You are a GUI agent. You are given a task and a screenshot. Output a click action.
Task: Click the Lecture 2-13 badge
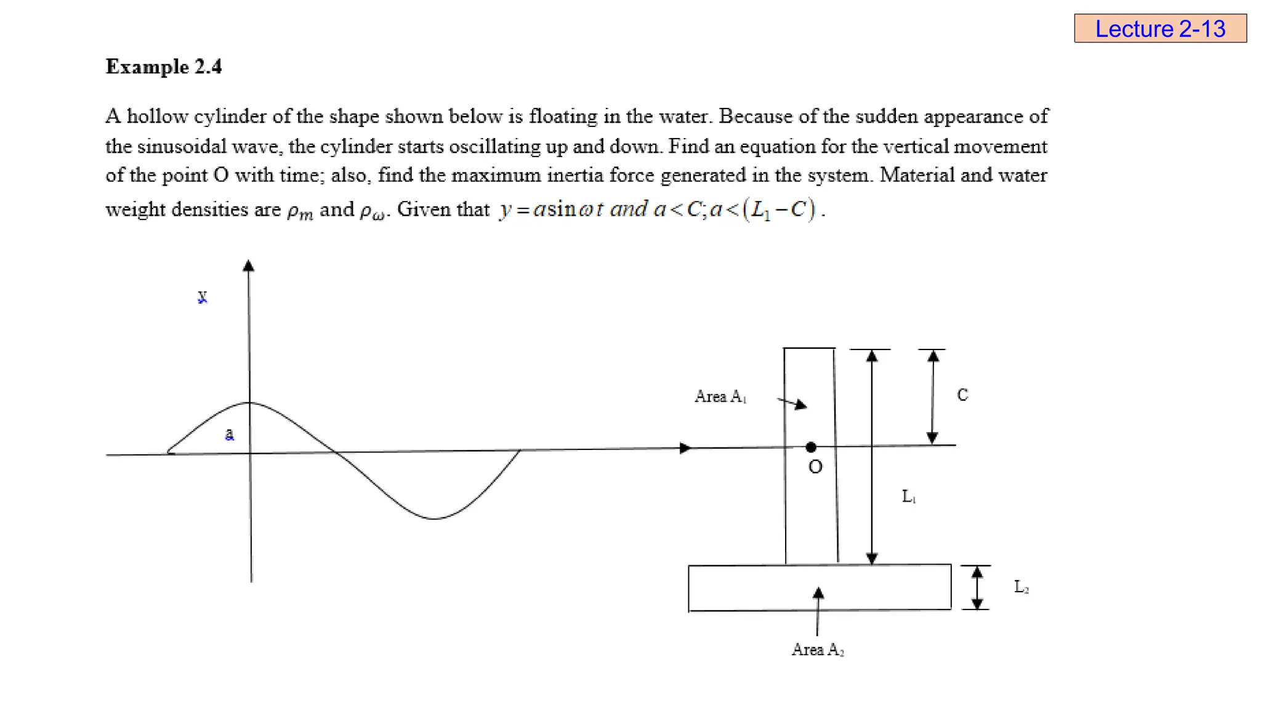click(1160, 28)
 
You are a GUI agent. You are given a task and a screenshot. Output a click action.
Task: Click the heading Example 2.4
click(164, 67)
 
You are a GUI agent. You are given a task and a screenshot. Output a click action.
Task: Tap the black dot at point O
click(811, 447)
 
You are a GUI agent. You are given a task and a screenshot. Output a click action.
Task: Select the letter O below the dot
click(815, 467)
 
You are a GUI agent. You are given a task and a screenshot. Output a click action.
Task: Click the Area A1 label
click(720, 396)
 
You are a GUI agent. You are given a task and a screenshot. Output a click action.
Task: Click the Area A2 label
click(817, 650)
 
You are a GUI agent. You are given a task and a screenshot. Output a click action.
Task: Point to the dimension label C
click(962, 395)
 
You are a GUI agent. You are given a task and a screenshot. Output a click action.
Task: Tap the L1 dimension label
click(908, 496)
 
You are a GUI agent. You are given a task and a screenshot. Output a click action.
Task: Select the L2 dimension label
click(1021, 587)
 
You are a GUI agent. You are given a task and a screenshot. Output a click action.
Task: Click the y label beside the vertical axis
click(202, 297)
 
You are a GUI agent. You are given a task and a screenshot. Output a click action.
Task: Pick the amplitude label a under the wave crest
click(229, 434)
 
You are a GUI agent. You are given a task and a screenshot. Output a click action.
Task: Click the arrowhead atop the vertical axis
click(248, 266)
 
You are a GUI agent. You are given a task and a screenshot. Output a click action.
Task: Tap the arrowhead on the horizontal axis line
click(685, 448)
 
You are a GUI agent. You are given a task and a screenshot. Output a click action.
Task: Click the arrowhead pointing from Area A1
click(800, 405)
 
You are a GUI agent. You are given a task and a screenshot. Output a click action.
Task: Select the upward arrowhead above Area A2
click(818, 593)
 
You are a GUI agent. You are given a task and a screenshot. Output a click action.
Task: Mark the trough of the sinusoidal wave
click(434, 518)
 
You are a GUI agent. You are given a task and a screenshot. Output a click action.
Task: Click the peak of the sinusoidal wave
click(249, 403)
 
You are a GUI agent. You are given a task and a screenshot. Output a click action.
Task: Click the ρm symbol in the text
click(300, 211)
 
